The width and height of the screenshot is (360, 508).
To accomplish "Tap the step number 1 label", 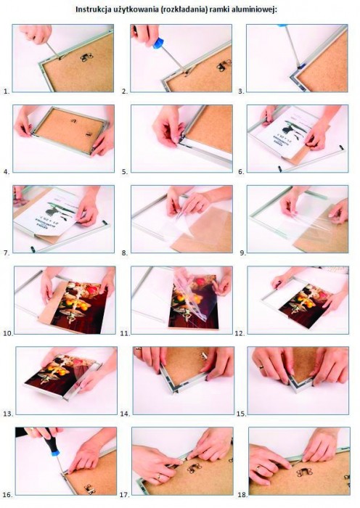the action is click(7, 91).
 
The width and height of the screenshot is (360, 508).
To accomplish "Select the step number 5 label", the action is click(125, 173).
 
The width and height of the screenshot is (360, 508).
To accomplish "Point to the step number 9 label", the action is click(243, 253).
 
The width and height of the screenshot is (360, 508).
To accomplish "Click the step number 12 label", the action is click(240, 333).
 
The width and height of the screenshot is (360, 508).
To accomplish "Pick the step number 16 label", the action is click(8, 495).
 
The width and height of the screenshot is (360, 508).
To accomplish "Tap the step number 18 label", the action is click(242, 495).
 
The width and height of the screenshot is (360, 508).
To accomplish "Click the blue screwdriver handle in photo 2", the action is click(157, 43).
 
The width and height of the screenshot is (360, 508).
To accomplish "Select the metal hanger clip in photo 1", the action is click(85, 58).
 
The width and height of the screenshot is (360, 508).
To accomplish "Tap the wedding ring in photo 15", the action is click(261, 367).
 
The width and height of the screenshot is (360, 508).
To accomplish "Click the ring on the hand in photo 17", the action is click(158, 477).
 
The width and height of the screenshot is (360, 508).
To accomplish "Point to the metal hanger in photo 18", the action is click(304, 472).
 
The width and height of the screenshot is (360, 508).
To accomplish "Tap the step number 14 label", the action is click(125, 414).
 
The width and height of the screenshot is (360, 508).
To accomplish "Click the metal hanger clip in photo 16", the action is click(89, 488).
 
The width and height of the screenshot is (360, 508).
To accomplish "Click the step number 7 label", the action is click(7, 253).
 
